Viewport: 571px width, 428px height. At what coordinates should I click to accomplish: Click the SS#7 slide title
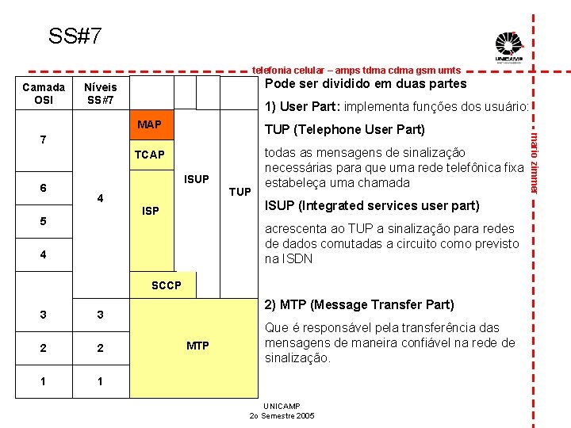[75, 36]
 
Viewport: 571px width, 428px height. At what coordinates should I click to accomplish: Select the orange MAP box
[149, 124]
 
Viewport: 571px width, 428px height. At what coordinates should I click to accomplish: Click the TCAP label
[149, 155]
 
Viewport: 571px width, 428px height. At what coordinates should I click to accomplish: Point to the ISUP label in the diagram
[196, 179]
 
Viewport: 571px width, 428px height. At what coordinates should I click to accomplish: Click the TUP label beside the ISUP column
[240, 192]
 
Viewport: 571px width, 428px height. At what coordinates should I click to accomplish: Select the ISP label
[150, 211]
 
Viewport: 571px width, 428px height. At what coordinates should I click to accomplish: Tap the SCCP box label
[167, 285]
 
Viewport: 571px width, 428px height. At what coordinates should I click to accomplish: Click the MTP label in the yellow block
[197, 346]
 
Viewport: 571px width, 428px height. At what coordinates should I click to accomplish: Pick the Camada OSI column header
[44, 94]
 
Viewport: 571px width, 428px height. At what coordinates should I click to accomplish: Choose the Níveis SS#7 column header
[101, 94]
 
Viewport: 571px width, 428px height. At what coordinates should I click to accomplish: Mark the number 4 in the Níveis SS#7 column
[101, 197]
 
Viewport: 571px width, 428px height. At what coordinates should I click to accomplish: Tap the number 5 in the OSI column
[44, 221]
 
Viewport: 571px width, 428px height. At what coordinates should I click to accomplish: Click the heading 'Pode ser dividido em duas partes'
[365, 84]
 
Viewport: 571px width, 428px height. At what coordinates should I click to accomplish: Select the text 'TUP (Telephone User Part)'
[344, 129]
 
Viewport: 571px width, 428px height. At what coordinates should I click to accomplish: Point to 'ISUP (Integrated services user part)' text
[371, 206]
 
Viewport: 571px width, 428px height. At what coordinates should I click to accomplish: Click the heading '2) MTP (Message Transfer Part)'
[358, 304]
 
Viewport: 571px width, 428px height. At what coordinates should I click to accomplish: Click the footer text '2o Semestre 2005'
[282, 415]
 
